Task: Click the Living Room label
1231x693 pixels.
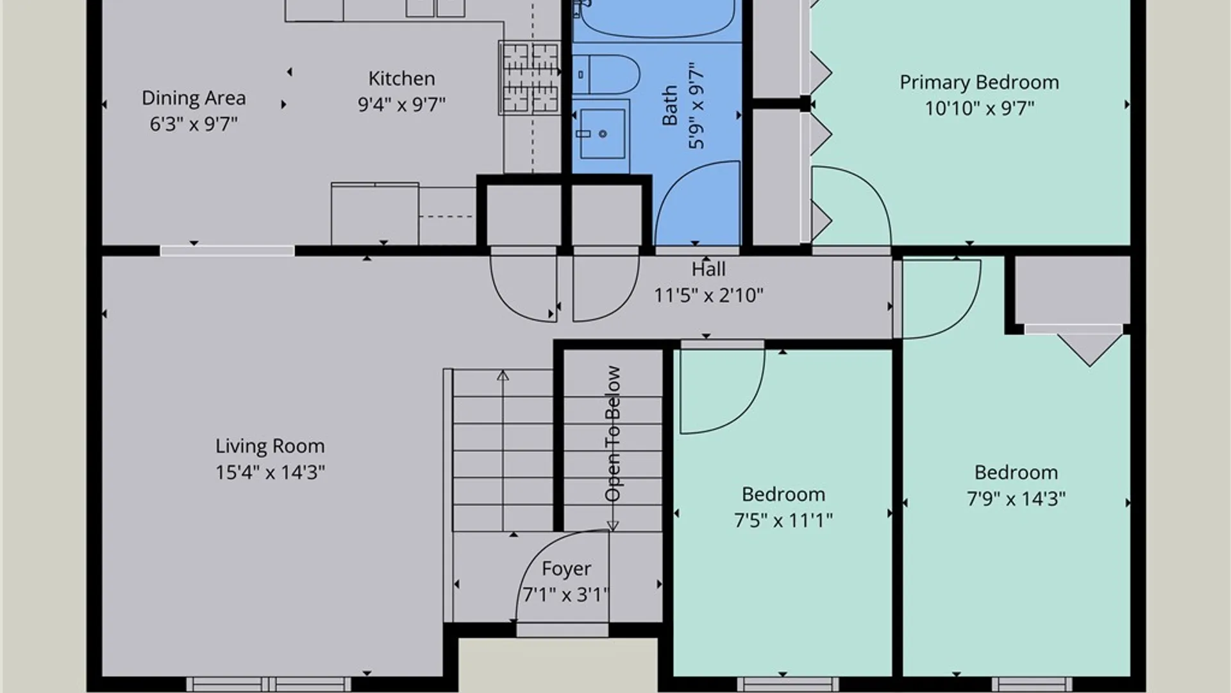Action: [x=270, y=446]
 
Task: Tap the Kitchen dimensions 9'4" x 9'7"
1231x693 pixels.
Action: [x=401, y=104]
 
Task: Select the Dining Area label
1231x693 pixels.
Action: [x=194, y=98]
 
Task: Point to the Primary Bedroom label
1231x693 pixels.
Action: [x=979, y=83]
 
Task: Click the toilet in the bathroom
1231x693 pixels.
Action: [x=606, y=74]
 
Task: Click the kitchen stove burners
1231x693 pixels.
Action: [x=530, y=78]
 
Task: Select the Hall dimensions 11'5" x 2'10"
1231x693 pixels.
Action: [x=708, y=295]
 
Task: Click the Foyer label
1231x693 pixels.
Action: [x=566, y=569]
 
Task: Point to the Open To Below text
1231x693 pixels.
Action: [x=613, y=434]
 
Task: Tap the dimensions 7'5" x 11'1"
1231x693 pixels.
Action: [x=783, y=520]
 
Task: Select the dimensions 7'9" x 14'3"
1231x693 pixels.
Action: [x=1016, y=499]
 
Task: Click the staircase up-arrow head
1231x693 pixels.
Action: [x=503, y=375]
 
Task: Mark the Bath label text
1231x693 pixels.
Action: [x=669, y=105]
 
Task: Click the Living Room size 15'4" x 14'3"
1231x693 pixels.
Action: [x=270, y=473]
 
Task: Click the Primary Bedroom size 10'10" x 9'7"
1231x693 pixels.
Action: [x=979, y=108]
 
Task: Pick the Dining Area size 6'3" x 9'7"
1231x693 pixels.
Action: [x=194, y=124]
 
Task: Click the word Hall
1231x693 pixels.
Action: [x=708, y=269]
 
